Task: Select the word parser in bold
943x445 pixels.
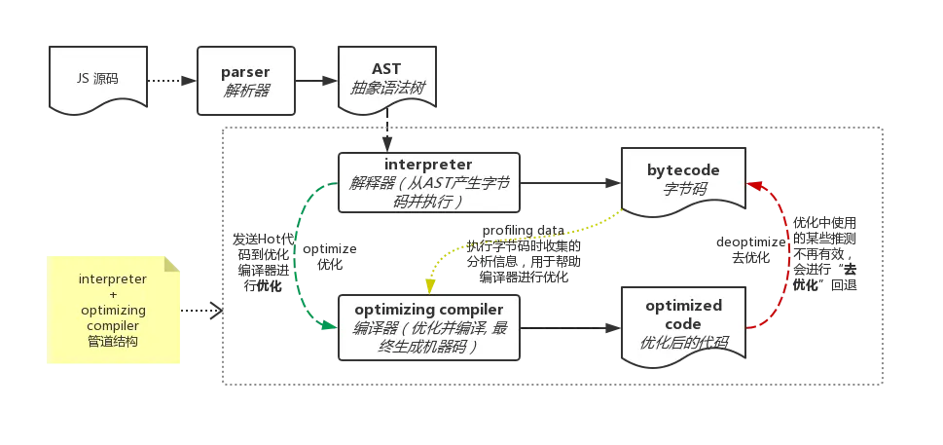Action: [x=246, y=72]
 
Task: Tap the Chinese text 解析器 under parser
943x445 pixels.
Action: [x=246, y=90]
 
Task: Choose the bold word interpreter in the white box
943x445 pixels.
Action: [x=428, y=164]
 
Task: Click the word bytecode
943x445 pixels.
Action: [x=683, y=169]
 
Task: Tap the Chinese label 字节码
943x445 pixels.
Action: [x=683, y=188]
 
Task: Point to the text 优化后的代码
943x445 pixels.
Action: [x=683, y=343]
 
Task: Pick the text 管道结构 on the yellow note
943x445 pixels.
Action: [x=113, y=342]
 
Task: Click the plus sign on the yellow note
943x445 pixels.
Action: [x=113, y=294]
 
